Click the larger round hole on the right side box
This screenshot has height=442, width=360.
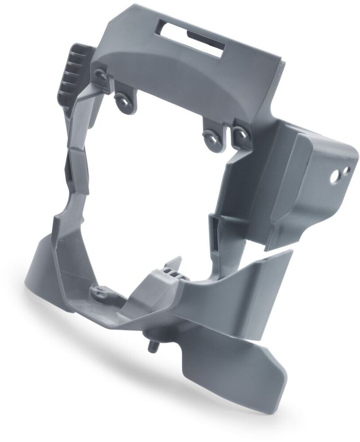[334, 178]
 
